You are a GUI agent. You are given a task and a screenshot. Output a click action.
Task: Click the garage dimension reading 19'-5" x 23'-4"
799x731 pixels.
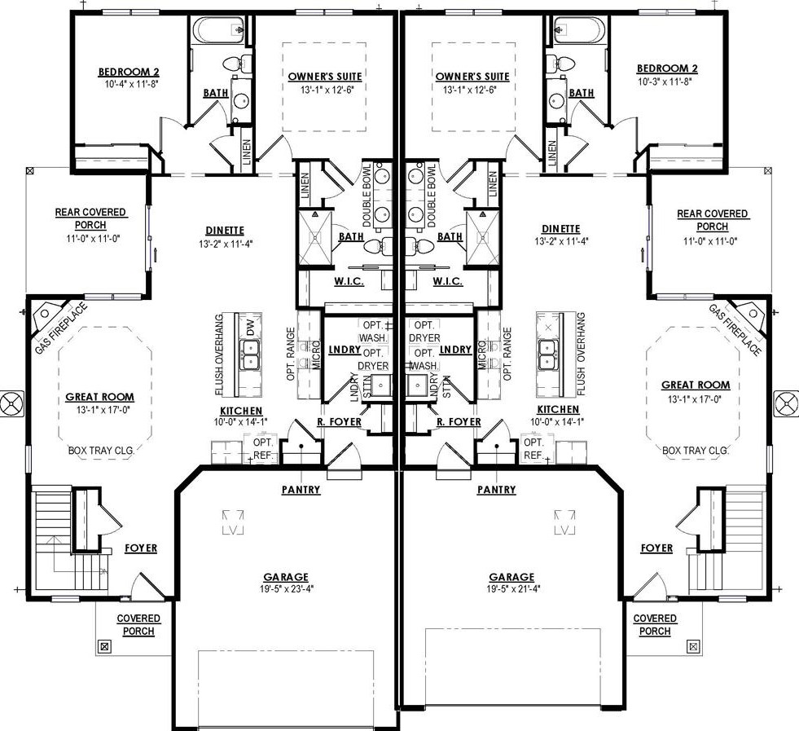point(285,588)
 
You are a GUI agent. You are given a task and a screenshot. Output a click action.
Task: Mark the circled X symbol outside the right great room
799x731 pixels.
point(788,403)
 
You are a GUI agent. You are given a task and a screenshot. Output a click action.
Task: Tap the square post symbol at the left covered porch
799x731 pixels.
point(104,646)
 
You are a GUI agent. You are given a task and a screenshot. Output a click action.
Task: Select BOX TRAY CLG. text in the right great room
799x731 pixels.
point(694,450)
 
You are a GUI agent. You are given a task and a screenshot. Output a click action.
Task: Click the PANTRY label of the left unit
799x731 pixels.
point(301,490)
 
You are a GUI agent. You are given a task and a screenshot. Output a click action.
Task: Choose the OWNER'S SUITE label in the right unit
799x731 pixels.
point(472,77)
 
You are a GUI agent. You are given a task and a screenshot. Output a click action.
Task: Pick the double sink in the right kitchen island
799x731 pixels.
point(547,352)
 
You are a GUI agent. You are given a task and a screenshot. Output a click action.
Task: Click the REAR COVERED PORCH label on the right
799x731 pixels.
point(712,220)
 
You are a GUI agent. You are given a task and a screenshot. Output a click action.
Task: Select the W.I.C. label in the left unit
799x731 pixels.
point(348,281)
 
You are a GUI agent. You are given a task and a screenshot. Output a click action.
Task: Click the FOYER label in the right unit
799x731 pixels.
point(656,548)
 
